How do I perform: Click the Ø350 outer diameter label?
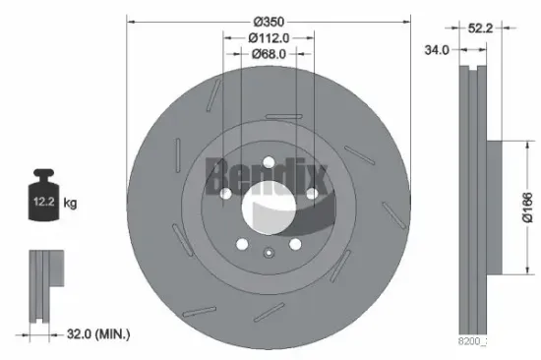click(269, 21)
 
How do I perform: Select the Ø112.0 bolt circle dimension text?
click(269, 38)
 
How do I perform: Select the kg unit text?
click(70, 204)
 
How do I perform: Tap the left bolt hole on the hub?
click(225, 193)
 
